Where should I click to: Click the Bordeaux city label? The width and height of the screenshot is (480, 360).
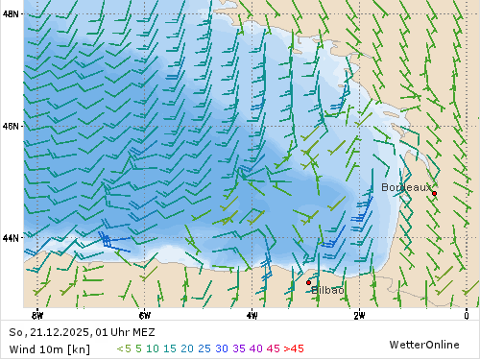406,187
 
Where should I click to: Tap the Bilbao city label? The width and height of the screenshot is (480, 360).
327,290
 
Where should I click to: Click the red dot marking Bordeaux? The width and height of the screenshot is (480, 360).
434,193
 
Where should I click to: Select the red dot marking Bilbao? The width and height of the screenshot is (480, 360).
308,282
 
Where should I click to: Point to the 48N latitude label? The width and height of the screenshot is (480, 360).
12,14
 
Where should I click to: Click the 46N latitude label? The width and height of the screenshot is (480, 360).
12,126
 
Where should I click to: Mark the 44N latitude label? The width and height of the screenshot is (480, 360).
12,237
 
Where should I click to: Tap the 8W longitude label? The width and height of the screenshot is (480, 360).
36,315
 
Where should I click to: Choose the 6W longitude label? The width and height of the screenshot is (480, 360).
144,315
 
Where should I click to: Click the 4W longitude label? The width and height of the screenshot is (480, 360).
252,315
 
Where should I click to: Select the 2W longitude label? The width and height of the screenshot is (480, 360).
359,315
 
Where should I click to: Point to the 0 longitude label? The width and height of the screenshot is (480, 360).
466,315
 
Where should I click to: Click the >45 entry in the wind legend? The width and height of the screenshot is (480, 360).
294,348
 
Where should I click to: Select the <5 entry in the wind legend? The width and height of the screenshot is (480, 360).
124,348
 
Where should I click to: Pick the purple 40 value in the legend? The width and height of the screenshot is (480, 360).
255,348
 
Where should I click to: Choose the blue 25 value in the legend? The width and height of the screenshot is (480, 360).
204,348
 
